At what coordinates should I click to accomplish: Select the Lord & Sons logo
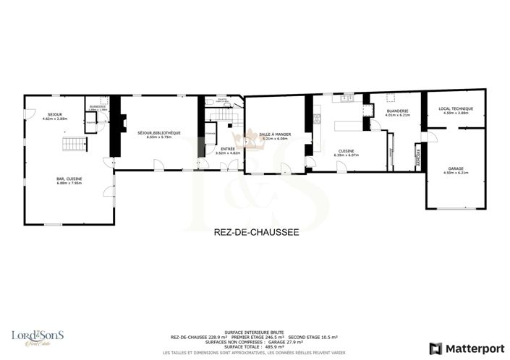(x=37, y=337)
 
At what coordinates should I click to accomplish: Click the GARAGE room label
(x=455, y=168)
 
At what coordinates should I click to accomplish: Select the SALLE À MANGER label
(x=276, y=133)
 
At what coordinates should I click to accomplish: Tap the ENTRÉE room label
(x=227, y=149)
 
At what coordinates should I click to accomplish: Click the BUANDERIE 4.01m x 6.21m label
(x=397, y=111)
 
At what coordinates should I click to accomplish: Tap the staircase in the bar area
(x=74, y=145)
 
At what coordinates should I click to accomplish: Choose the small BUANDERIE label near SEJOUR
(x=97, y=106)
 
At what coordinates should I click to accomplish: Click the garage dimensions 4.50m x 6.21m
(x=455, y=173)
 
